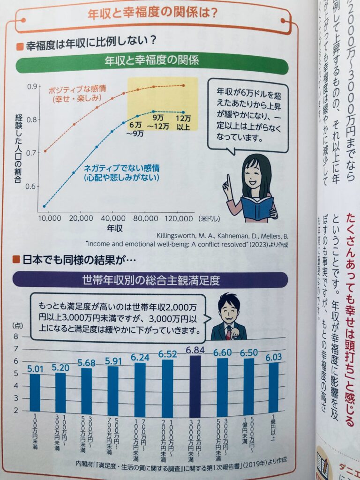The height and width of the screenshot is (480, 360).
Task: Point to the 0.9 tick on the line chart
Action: [x=32, y=87]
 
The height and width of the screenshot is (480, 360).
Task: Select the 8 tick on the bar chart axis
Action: [x=15, y=337]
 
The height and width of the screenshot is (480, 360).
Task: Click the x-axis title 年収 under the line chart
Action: [x=114, y=230]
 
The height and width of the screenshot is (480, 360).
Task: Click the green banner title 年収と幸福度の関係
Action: [x=151, y=61]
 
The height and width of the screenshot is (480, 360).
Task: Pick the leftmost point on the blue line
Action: [x=45, y=206]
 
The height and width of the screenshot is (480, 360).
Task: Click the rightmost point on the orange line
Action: [x=183, y=85]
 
